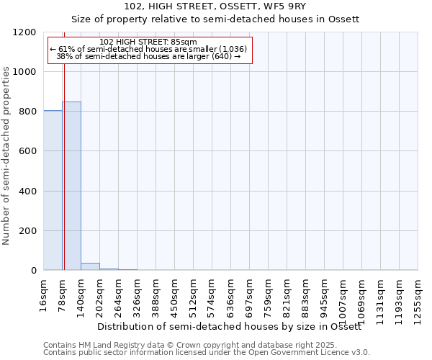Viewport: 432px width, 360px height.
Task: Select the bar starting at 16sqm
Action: click(x=53, y=190)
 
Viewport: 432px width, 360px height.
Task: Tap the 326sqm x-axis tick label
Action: click(x=138, y=295)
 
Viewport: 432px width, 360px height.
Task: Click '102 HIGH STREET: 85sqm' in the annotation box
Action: click(x=148, y=42)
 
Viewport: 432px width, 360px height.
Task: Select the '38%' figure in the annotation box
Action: click(x=64, y=56)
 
